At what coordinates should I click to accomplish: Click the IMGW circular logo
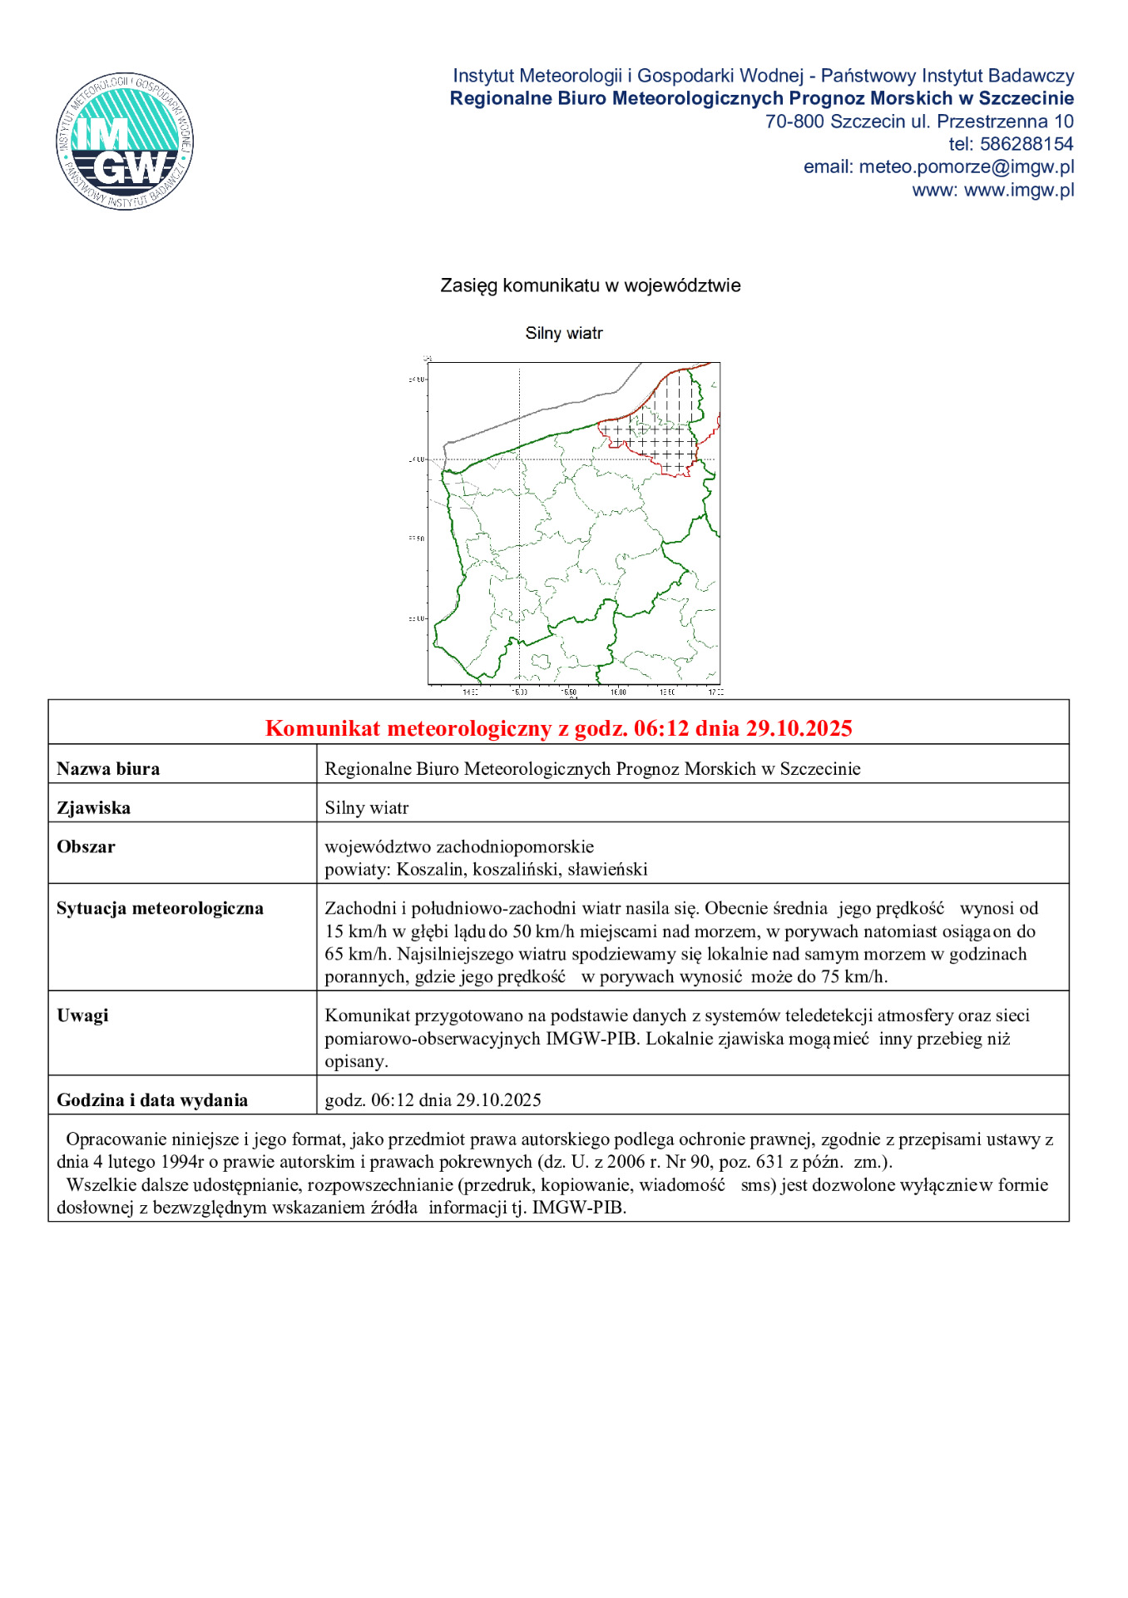pyautogui.click(x=126, y=141)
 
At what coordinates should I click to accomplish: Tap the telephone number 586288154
pyautogui.click(x=1026, y=144)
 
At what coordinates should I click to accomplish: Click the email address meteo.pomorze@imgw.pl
pyautogui.click(x=966, y=166)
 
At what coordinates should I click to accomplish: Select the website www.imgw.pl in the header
pyautogui.click(x=1018, y=190)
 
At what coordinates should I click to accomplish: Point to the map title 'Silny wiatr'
pyautogui.click(x=563, y=333)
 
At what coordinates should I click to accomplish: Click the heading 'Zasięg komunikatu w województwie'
pyautogui.click(x=590, y=285)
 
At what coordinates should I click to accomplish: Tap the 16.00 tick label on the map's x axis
pyautogui.click(x=618, y=692)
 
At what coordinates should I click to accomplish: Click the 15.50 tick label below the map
pyautogui.click(x=568, y=692)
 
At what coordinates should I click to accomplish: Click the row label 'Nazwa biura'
pyautogui.click(x=108, y=769)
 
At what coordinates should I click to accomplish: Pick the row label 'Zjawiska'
pyautogui.click(x=93, y=808)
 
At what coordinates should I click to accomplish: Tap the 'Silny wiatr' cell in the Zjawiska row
pyautogui.click(x=366, y=808)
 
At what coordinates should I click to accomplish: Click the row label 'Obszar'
pyautogui.click(x=86, y=847)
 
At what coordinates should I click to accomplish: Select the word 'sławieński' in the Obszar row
pyautogui.click(x=607, y=870)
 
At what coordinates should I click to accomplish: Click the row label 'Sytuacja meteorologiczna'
pyautogui.click(x=160, y=909)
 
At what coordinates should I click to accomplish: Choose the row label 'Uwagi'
pyautogui.click(x=82, y=1016)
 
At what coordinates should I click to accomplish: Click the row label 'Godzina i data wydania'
pyautogui.click(x=152, y=1100)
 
